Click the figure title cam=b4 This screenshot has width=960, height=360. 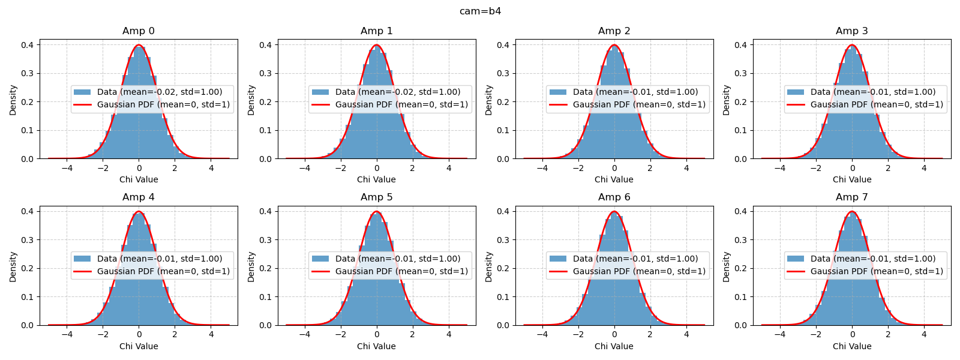pos(480,11)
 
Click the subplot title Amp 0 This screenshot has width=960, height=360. pos(139,31)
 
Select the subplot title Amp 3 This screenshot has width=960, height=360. pos(851,31)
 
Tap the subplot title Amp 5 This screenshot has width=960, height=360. pos(376,197)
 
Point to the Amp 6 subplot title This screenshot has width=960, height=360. pos(614,197)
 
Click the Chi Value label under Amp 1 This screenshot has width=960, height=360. pos(376,179)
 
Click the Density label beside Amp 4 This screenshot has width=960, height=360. pos(13,267)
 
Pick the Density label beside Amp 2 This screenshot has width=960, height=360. pos(488,100)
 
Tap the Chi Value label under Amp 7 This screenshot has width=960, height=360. pos(851,346)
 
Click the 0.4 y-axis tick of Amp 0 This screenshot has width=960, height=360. pos(28,45)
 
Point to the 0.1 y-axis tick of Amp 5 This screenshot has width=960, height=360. pos(265,297)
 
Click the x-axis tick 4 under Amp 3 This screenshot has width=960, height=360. pos(924,168)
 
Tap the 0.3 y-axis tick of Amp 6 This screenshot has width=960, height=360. pos(503,240)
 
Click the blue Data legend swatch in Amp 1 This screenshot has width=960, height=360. pos(320,92)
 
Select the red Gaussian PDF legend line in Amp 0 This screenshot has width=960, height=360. pos(82,105)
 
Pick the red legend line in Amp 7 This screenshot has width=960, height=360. pos(796,271)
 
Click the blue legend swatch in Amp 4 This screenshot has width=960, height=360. pos(82,259)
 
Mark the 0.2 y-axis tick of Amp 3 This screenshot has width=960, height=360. pos(740,102)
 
